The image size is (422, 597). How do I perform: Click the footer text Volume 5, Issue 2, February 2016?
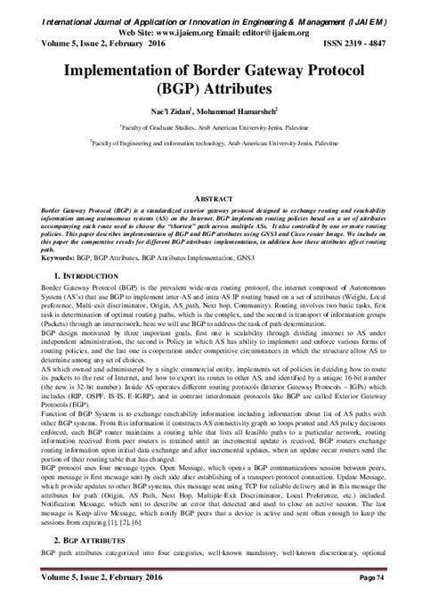pyautogui.click(x=93, y=579)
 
